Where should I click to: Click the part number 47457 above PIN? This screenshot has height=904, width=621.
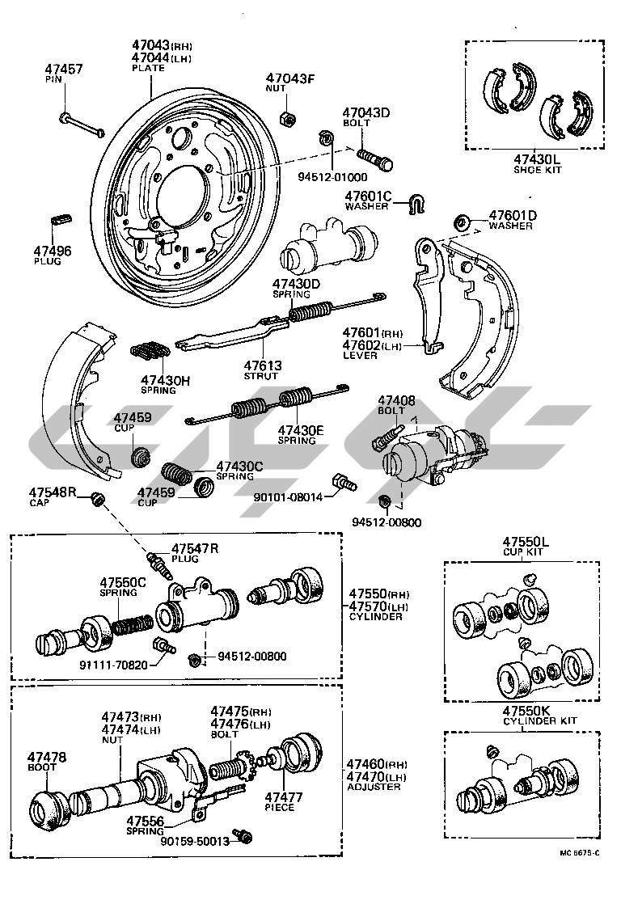[63, 70]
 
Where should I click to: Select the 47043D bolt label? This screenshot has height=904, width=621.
[365, 112]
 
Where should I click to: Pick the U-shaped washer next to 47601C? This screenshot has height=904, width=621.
[416, 206]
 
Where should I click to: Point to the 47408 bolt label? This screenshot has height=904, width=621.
[395, 400]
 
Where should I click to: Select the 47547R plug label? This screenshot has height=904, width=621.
[194, 549]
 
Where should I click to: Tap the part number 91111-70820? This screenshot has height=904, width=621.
[113, 666]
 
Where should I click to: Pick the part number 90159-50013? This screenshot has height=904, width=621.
[194, 842]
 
